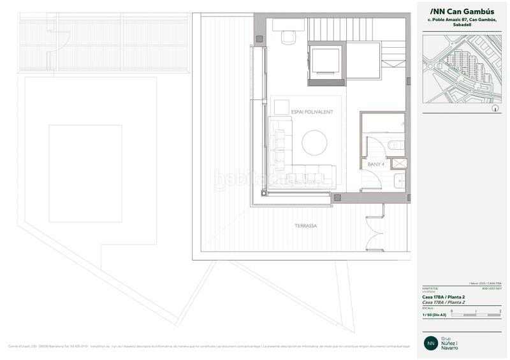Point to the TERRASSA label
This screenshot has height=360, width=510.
[305, 226]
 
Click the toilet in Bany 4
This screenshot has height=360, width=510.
[396, 145]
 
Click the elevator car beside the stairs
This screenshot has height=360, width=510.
[326, 62]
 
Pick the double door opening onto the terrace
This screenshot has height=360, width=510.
[375, 231]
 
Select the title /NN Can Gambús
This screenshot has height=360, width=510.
[458, 11]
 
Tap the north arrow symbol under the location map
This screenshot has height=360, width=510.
[495, 109]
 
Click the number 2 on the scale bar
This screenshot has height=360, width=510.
[500, 311]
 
